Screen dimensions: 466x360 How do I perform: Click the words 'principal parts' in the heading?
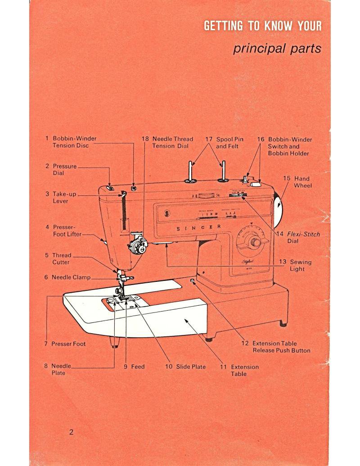point(277,48)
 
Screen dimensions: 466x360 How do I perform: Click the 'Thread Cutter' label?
point(61,258)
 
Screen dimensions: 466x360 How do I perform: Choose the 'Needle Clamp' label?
point(67,277)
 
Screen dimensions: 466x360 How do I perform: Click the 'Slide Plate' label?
point(185,366)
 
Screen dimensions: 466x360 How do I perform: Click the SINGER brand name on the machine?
point(198,228)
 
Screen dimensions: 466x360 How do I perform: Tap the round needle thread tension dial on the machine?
point(136,246)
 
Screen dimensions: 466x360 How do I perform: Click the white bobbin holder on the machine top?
point(256,183)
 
